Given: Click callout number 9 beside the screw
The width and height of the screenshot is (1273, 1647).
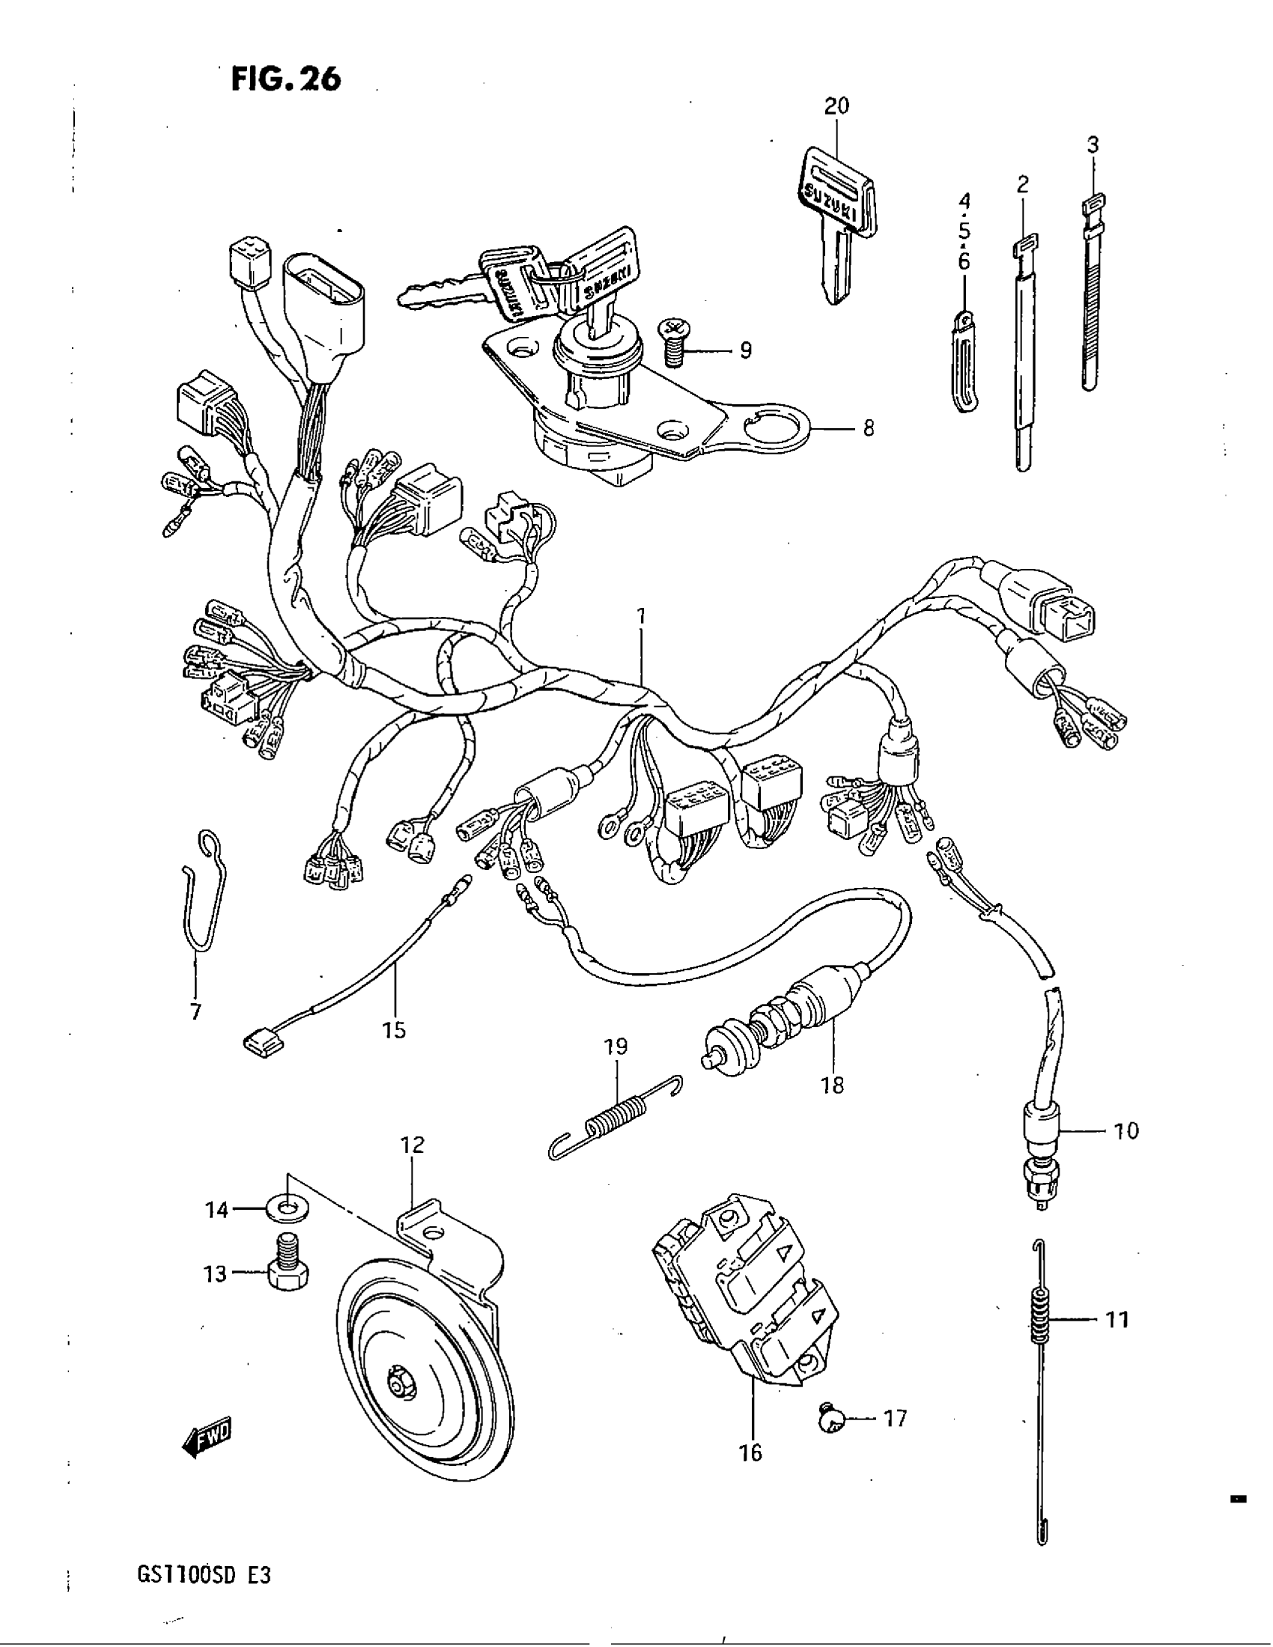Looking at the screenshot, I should coord(745,351).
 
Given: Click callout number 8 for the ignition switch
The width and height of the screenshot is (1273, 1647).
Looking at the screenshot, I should coord(868,428).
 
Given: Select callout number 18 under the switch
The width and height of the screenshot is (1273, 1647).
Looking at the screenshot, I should coord(833,1086).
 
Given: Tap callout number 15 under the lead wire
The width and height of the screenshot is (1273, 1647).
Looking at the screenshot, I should coord(395,1030).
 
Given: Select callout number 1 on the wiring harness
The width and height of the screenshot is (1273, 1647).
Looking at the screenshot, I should coord(640,617).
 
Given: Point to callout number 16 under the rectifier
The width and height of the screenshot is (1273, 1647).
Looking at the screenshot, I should coord(750,1452).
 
